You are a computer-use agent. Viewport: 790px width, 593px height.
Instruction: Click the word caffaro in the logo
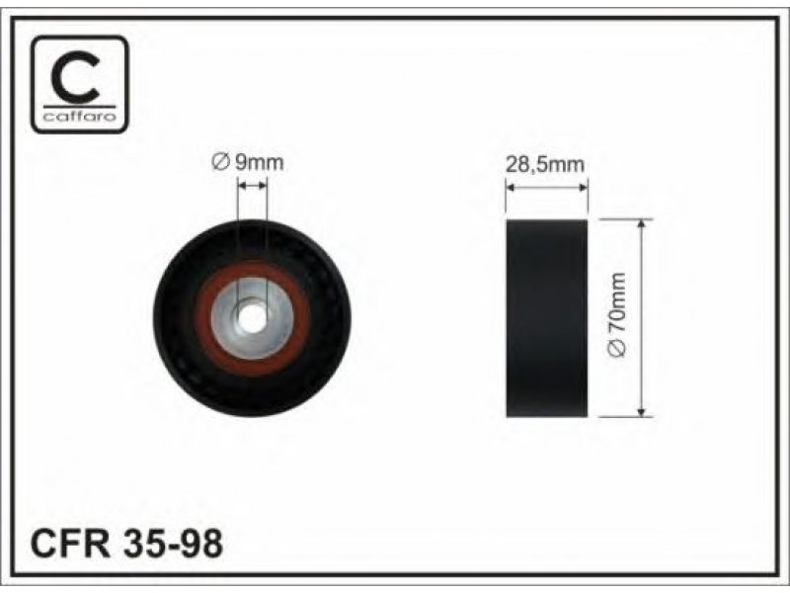(80, 117)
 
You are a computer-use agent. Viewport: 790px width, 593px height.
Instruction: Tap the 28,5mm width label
(545, 165)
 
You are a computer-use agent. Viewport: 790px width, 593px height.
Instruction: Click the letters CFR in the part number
(70, 543)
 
